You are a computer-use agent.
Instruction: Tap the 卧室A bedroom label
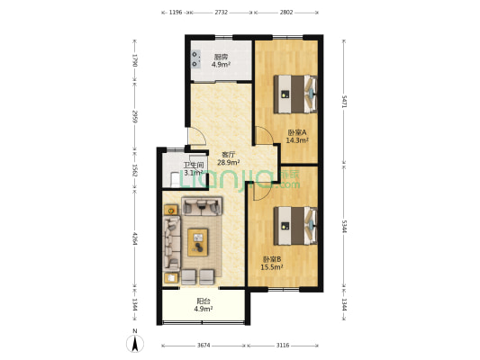(297, 132)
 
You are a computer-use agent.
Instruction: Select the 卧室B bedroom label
(272, 259)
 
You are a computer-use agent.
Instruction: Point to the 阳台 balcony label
(204, 301)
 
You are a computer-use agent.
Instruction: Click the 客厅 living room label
(229, 155)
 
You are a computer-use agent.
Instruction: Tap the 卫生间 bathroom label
(194, 166)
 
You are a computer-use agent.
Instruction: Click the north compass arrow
(135, 344)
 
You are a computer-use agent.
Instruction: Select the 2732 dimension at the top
(221, 13)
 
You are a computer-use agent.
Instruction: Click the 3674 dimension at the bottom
(204, 346)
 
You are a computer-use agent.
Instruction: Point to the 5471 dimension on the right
(344, 102)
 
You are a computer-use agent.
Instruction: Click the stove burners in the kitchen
(195, 59)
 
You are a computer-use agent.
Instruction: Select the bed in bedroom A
(295, 94)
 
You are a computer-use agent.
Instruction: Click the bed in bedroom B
(295, 226)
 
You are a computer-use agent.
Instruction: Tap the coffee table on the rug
(198, 242)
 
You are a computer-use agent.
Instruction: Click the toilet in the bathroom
(175, 179)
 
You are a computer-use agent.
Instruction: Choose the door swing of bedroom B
(262, 192)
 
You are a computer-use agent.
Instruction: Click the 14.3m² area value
(297, 140)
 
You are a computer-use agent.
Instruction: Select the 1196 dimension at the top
(176, 13)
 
